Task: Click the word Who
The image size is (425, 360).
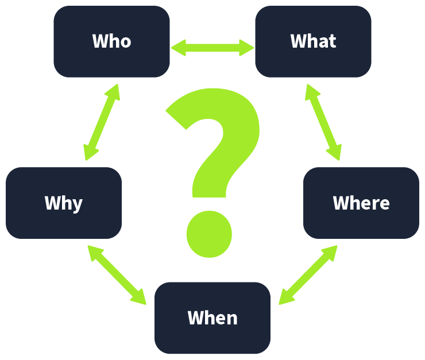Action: pyautogui.click(x=111, y=41)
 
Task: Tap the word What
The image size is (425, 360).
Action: pyautogui.click(x=313, y=41)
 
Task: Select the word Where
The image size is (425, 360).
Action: pyautogui.click(x=361, y=203)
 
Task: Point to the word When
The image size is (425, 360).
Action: pyautogui.click(x=212, y=318)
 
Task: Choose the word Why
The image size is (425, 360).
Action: pyautogui.click(x=64, y=203)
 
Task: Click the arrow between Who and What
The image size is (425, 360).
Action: pyautogui.click(x=212, y=47)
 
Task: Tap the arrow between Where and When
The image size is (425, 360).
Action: pyautogui.click(x=308, y=275)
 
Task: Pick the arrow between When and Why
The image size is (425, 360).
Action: pyautogui.click(x=117, y=274)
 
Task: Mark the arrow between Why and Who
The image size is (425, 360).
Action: pyautogui.click(x=102, y=122)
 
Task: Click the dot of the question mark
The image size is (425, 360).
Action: pyautogui.click(x=209, y=233)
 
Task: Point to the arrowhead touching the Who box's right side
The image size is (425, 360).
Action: pyautogui.click(x=177, y=47)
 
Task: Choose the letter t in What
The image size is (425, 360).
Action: pyautogui.click(x=332, y=42)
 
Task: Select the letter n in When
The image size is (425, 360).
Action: pyautogui.click(x=231, y=319)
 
